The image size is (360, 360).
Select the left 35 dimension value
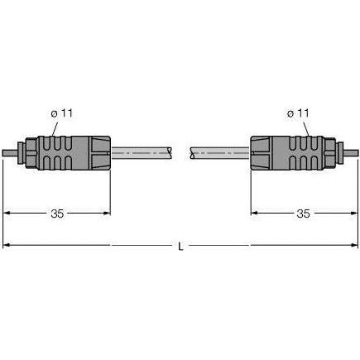pos(57,214)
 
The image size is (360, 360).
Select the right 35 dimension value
pos(303,214)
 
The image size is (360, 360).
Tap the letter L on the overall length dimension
pos(181,245)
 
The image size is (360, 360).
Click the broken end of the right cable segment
pos(191,153)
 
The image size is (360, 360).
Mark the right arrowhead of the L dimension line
pos(353,245)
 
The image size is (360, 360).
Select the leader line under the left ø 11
pos(55,127)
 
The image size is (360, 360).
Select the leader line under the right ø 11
pos(306,127)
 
